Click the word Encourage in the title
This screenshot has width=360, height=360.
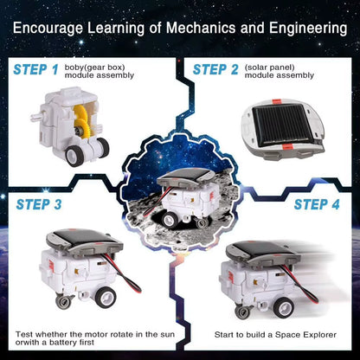click(x=51, y=29)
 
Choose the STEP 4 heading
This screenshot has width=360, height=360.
click(x=323, y=205)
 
